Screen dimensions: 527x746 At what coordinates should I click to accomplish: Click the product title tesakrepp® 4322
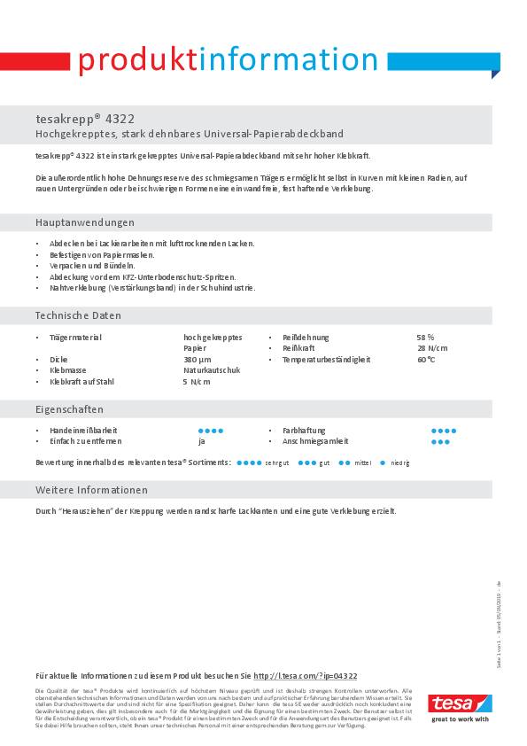[x=85, y=118]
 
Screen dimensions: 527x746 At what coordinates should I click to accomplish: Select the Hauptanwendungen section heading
[x=85, y=222]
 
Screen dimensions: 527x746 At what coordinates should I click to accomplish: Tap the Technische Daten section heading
[x=78, y=315]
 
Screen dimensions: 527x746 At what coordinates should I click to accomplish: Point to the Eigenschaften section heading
[x=69, y=409]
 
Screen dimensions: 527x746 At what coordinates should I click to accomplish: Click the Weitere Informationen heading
[x=91, y=490]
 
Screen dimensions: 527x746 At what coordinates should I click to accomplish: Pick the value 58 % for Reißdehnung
[x=425, y=338]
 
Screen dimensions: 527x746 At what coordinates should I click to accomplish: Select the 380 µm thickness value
[x=198, y=360]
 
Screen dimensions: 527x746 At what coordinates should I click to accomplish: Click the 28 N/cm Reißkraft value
[x=431, y=348]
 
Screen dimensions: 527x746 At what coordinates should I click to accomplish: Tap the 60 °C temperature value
[x=426, y=360]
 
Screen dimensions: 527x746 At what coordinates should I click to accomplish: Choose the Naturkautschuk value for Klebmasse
[x=212, y=370]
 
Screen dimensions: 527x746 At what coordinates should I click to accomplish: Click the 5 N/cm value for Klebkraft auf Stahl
[x=197, y=382]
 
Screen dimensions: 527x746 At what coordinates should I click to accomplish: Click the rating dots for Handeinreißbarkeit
[x=211, y=431]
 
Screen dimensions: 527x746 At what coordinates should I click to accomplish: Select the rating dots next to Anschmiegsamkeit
[x=440, y=441]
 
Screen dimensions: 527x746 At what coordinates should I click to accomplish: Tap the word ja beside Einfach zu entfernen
[x=202, y=441]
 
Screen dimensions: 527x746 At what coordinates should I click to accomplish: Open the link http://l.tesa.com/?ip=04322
[x=305, y=675]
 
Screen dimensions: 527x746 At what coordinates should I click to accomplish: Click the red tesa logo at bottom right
[x=460, y=703]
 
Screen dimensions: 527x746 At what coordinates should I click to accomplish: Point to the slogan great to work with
[x=460, y=719]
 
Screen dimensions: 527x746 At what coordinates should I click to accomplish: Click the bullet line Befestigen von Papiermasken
[x=102, y=254]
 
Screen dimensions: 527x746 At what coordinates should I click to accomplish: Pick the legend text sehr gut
[x=276, y=463]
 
